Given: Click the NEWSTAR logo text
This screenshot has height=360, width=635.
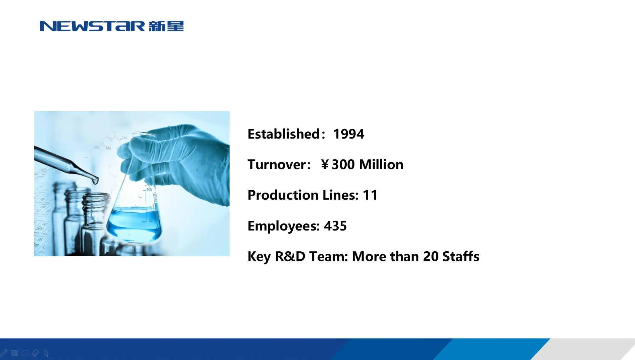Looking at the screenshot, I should click(92, 26).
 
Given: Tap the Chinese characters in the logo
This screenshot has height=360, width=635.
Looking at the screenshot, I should click(166, 26).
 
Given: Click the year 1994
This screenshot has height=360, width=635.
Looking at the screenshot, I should click(348, 134).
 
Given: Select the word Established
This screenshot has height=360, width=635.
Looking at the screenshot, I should click(284, 134).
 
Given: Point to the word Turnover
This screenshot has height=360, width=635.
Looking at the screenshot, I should click(277, 165).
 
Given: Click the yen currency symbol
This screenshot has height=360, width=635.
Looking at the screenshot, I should click(325, 165).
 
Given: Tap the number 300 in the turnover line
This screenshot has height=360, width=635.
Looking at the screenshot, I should click(343, 165).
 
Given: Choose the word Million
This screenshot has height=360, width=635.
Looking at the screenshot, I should click(381, 165).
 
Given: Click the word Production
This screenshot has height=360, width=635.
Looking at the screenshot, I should click(283, 195).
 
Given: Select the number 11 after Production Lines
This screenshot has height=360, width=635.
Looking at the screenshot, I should click(370, 195).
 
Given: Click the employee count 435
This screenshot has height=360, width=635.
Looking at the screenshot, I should click(335, 226).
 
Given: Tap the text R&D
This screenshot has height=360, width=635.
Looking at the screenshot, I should click(290, 257).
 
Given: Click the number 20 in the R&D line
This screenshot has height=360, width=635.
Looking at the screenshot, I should click(431, 257).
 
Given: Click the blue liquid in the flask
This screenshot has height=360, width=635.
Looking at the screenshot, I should click(134, 223).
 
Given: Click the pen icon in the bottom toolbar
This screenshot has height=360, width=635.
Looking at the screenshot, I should click(4, 353).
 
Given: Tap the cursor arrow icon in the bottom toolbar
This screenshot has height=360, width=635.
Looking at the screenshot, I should click(46, 353).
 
